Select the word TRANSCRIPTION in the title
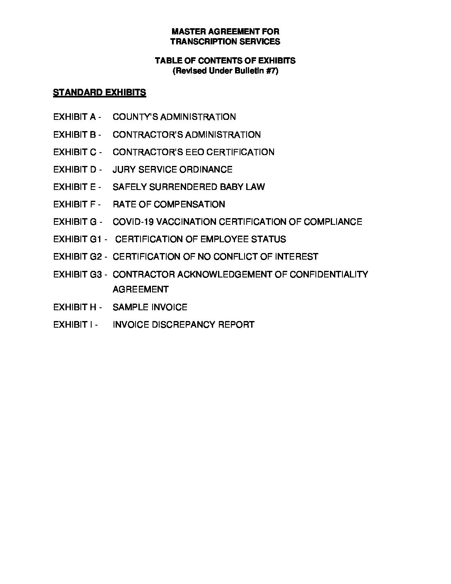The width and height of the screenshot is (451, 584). (197, 41)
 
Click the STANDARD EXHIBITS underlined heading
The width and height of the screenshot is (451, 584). (99, 92)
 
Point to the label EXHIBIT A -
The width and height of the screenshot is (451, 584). (77, 117)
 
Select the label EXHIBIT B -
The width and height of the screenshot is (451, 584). (77, 135)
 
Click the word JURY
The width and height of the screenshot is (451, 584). (124, 170)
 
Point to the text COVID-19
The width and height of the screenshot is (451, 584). (131, 222)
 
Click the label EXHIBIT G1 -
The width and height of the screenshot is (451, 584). (80, 239)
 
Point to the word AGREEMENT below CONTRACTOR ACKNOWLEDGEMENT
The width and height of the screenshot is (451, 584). (141, 290)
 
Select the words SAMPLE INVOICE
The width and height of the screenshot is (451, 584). (150, 307)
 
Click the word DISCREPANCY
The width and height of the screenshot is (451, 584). (183, 325)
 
